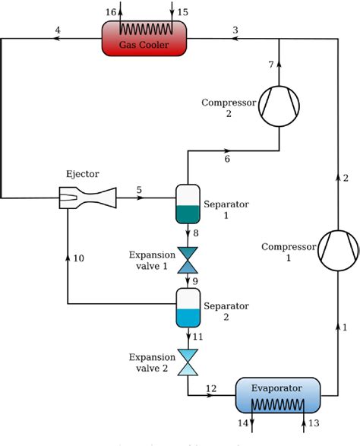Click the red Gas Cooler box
(144, 39)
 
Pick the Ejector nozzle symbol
(88, 198)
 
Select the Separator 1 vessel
(187, 204)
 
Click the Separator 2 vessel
(187, 304)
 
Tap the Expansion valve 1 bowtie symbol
(187, 261)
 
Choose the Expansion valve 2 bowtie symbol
(187, 362)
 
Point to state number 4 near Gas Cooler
(58, 30)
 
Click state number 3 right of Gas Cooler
(235, 30)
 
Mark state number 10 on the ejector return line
(78, 259)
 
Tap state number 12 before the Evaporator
(211, 388)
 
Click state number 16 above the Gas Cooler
(112, 11)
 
